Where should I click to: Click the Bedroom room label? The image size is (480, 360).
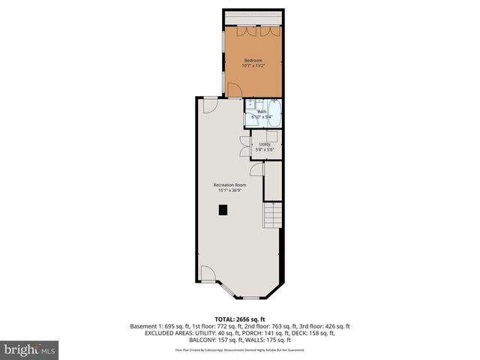pos(253,60)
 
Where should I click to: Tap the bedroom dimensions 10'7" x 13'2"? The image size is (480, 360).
pos(253,66)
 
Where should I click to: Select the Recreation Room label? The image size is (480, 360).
pos(229,184)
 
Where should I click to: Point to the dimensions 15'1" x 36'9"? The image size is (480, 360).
pos(229,190)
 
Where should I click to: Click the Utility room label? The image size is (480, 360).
pos(265,144)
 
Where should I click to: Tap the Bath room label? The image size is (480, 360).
pos(262,112)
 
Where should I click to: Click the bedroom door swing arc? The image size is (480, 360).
pos(233,91)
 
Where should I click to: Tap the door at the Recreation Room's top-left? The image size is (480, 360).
pos(210,105)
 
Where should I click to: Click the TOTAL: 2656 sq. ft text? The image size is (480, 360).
pos(240,319)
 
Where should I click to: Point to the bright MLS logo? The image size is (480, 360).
pos(30,349)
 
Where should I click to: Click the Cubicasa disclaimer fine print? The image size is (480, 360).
pos(240,349)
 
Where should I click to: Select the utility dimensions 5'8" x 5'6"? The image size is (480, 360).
pos(265,150)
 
